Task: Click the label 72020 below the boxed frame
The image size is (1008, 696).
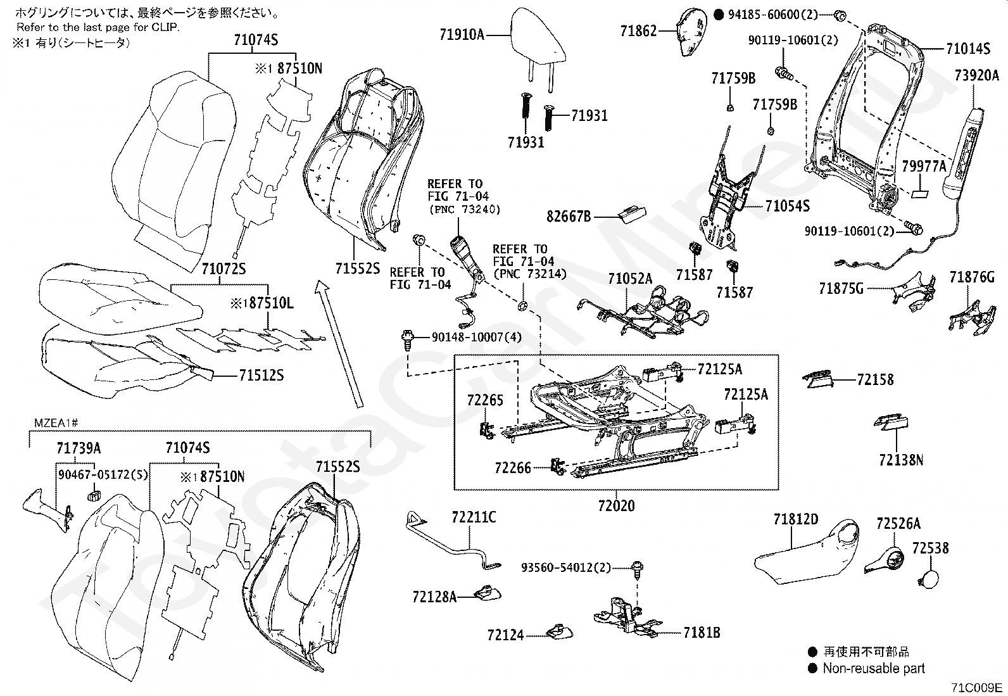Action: coord(616,506)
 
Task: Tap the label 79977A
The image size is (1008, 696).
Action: coord(924,167)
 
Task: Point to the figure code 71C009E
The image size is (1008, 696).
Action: coord(976,688)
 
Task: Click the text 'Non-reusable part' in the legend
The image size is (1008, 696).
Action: coord(874,668)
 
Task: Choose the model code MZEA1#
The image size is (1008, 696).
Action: coord(55,422)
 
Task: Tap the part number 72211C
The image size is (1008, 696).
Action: coord(474,518)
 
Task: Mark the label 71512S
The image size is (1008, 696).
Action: coord(261,376)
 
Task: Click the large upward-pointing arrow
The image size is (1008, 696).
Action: coord(341,342)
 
